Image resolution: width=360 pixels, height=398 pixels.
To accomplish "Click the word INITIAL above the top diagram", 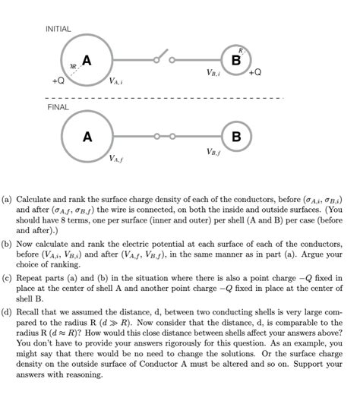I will tap(58, 29).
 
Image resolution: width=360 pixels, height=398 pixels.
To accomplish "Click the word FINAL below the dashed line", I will tap(57, 108).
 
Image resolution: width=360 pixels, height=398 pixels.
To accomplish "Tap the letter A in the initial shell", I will tap(87, 59).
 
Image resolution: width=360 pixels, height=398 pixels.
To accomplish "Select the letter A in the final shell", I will tap(87, 137).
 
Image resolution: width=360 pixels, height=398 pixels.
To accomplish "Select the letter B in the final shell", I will tap(236, 137).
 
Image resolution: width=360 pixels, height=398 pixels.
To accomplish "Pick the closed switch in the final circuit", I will tap(164, 137).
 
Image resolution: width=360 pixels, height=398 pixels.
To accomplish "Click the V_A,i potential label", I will tap(115, 81).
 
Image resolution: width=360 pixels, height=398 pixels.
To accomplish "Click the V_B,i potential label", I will tap(213, 74).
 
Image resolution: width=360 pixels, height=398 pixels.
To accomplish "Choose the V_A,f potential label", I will tap(116, 159).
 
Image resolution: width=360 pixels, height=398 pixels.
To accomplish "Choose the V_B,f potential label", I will tap(213, 152).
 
